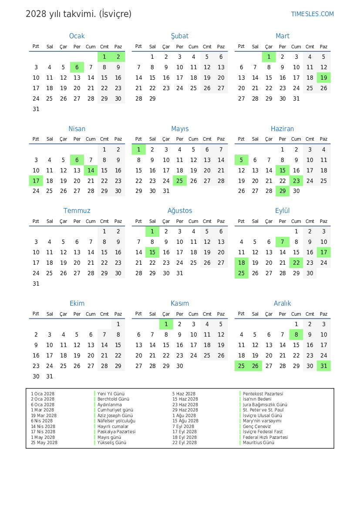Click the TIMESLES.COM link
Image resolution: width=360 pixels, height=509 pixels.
coord(312,14)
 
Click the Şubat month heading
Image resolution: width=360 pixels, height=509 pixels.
coord(180,36)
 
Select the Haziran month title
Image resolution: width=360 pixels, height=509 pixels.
coord(282,129)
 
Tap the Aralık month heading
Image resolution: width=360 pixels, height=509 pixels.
coord(282,303)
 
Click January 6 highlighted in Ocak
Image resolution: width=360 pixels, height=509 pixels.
coord(77,67)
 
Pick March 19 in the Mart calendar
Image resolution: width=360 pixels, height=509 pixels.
coord(323,78)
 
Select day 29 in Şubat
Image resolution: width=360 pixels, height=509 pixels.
coord(152,98)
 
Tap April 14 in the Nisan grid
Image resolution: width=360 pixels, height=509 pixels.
coord(91,170)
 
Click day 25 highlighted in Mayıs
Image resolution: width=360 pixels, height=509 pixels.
coord(180,181)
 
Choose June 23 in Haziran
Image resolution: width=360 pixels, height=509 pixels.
coord(296,181)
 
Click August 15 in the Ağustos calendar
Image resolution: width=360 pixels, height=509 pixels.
coord(152,252)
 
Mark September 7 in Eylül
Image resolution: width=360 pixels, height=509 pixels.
coord(283,242)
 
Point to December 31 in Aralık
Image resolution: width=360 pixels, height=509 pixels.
coord(323,366)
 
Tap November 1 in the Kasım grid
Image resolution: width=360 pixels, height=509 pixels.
coord(166,324)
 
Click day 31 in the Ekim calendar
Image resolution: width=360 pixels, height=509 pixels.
coord(50,376)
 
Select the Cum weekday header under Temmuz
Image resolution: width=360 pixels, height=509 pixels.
coord(91,221)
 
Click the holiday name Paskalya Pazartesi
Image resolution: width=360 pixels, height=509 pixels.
coord(116,431)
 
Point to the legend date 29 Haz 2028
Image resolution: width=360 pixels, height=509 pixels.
coord(185,410)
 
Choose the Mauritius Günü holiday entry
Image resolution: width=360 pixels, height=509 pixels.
coord(259,442)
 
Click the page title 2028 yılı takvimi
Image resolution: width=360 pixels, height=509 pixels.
coord(78,14)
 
